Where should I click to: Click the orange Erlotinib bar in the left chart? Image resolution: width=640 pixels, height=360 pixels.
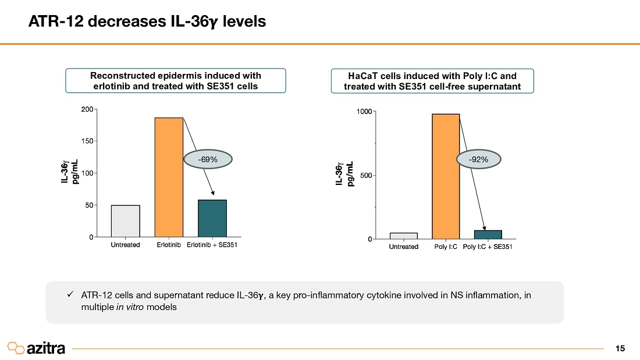pos(169,177)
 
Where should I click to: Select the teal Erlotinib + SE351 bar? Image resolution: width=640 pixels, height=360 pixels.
pos(212,218)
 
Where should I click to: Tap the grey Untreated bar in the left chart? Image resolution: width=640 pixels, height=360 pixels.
pos(125,221)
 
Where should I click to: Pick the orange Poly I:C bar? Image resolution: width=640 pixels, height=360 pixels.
pos(446,176)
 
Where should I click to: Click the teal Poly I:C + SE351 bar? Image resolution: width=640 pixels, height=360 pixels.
pos(488,234)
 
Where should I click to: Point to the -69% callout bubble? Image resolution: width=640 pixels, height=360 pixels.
pos(207,159)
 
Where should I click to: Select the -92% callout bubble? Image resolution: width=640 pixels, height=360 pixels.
pos(479,158)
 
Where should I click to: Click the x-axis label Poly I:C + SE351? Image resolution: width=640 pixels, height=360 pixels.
pos(488,247)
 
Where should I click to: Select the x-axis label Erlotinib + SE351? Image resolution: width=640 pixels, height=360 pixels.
pos(212,245)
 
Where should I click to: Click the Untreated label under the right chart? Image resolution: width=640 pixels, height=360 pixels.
pos(403,247)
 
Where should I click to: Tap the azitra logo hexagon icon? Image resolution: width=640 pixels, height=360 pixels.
pos(16,348)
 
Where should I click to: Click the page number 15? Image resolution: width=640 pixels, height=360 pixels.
pos(620,348)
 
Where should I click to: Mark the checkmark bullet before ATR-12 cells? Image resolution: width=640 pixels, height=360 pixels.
pos(70,295)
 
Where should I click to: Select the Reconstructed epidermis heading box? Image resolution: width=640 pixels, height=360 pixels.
pos(175,81)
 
